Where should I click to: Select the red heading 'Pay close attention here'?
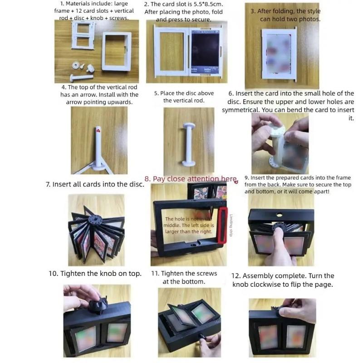pos(191,179)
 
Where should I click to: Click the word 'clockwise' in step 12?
pos(265,285)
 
